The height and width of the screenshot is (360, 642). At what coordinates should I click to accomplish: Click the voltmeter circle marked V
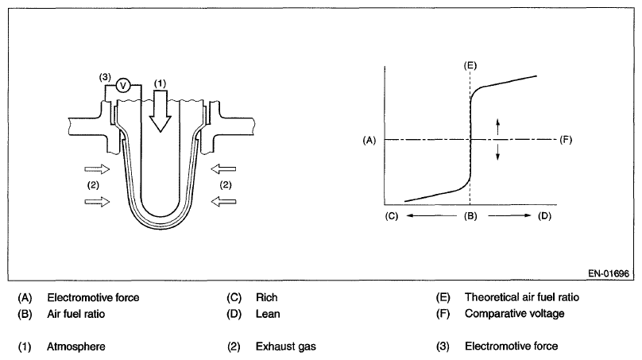point(123,86)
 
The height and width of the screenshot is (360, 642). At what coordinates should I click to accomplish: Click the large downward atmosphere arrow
point(160,108)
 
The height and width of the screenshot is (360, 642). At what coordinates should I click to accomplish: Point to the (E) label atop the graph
point(470,64)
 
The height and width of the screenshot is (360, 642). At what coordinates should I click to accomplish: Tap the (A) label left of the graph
point(368,140)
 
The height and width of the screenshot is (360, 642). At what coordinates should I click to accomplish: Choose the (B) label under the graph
point(470,215)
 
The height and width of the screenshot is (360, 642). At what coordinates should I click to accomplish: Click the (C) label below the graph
point(390,215)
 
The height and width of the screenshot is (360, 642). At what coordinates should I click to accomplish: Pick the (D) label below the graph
point(544,215)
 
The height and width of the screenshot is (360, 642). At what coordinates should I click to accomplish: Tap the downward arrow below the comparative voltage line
point(498,152)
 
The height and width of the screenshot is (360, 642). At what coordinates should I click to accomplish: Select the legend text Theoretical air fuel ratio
point(522,298)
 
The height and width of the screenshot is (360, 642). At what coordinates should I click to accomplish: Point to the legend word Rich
point(266,298)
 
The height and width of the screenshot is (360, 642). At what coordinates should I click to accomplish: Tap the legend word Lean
point(268,313)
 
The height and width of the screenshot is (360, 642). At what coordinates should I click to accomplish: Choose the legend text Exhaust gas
point(283,346)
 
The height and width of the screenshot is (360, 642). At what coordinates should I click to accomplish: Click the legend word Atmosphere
point(76,346)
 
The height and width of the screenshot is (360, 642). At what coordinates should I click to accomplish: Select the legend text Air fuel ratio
point(76,313)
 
